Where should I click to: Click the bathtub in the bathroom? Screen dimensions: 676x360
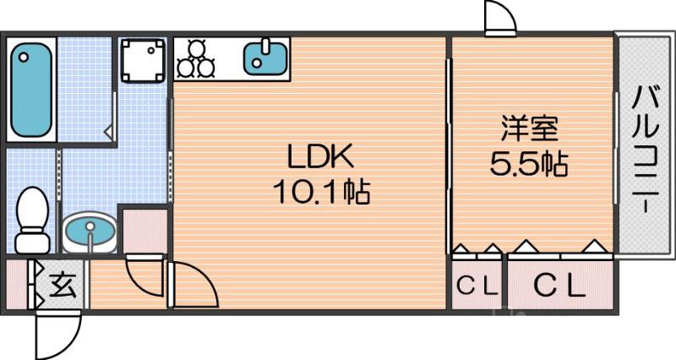[31, 90]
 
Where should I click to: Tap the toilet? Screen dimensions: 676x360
[32, 220]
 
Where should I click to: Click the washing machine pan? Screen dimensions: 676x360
[143, 60]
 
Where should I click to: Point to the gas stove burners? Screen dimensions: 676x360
[196, 58]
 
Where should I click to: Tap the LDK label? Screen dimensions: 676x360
[320, 157]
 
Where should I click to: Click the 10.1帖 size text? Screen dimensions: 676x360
[321, 192]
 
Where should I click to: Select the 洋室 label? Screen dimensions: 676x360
[529, 128]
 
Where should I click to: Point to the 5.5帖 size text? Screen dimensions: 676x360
[529, 163]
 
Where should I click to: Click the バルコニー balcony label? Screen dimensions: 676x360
[646, 149]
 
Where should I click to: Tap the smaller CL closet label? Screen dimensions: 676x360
[477, 286]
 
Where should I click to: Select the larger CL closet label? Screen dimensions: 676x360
[560, 286]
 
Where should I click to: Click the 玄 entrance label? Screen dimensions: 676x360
[63, 285]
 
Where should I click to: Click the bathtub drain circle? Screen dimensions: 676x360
[24, 57]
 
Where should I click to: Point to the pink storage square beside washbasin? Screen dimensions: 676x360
[144, 232]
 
